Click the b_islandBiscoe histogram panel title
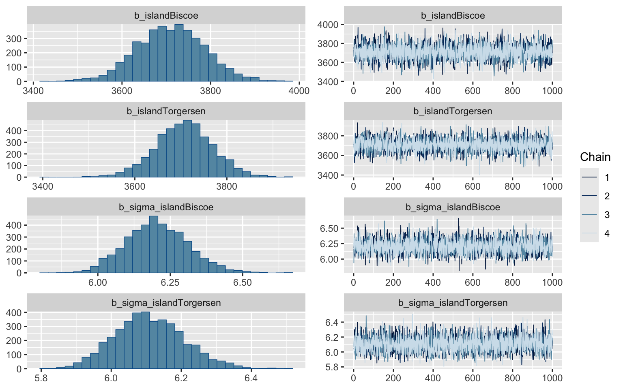[166, 16]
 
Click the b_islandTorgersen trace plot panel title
[453, 111]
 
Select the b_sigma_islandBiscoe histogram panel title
[166, 207]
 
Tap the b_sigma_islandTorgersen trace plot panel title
[453, 303]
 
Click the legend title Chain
[595, 157]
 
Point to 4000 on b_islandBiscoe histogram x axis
[299, 91]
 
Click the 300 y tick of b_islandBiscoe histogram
[16, 38]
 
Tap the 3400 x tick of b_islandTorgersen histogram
[43, 186]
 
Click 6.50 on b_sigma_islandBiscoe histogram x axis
[242, 282]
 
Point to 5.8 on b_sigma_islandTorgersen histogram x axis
[41, 378]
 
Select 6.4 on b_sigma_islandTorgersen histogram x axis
[251, 378]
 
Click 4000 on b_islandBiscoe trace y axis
[328, 25]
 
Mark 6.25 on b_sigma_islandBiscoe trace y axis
[329, 244]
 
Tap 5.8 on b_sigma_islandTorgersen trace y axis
[331, 368]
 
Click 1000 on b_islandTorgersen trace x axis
[552, 186]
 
